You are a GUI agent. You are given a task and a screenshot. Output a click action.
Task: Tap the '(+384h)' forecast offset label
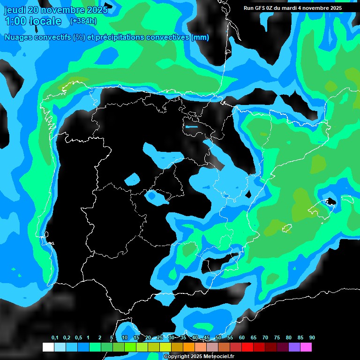pyautogui.click(x=83, y=21)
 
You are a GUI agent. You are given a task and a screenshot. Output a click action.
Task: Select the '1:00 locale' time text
pyautogui.click(x=33, y=21)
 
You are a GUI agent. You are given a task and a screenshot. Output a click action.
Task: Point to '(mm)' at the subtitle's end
pyautogui.click(x=200, y=37)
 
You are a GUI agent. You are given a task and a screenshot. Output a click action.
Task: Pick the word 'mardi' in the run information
pyautogui.click(x=294, y=8)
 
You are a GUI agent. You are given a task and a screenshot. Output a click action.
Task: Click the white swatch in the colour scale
pyautogui.click(x=48, y=347)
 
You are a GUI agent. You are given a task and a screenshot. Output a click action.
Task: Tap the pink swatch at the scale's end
pyautogui.click(x=306, y=347)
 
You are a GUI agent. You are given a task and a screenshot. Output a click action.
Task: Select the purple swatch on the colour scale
pyautogui.click(x=294, y=347)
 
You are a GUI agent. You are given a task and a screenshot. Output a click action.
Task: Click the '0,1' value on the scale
pyautogui.click(x=55, y=338)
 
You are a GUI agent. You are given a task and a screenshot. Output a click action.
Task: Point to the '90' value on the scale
pyautogui.click(x=312, y=338)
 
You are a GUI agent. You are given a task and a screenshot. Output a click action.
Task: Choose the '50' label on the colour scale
pyautogui.click(x=218, y=338)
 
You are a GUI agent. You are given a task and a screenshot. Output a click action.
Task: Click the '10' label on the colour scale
pyautogui.click(x=125, y=338)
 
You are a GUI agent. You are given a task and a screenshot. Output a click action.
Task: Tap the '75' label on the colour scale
pyautogui.click(x=277, y=338)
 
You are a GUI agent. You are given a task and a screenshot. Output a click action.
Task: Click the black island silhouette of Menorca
pyautogui.click(x=331, y=202)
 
